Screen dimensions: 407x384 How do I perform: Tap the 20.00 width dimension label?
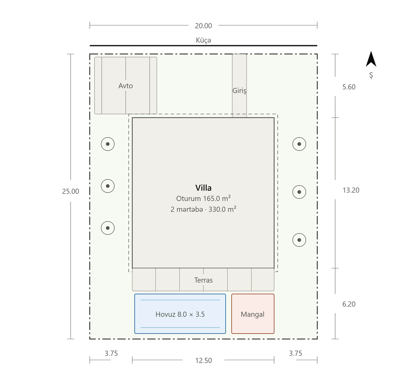(x=203, y=26)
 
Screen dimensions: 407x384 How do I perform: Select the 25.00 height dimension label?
(x=70, y=191)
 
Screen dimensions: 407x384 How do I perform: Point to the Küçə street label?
(x=203, y=40)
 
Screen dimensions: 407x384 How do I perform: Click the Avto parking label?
(x=126, y=86)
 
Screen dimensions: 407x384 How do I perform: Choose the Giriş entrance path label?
(x=239, y=91)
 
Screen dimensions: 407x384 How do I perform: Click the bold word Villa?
(x=203, y=188)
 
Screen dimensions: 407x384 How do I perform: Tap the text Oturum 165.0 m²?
(x=203, y=198)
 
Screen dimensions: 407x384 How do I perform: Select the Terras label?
(x=203, y=280)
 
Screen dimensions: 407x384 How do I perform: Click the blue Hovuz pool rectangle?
(x=180, y=314)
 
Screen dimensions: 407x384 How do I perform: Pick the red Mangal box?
(x=253, y=314)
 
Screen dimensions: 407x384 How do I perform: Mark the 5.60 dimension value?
(x=349, y=87)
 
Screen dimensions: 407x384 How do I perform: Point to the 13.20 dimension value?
(x=351, y=190)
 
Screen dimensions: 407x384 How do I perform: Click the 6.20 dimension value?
(x=349, y=304)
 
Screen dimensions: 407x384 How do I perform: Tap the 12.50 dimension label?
(x=203, y=360)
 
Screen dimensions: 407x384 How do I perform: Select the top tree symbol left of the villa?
(x=108, y=144)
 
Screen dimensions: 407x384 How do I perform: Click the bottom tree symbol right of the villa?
(x=299, y=240)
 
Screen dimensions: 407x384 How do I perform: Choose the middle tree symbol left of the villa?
(x=108, y=186)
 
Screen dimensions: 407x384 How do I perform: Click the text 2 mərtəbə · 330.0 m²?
(x=203, y=209)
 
